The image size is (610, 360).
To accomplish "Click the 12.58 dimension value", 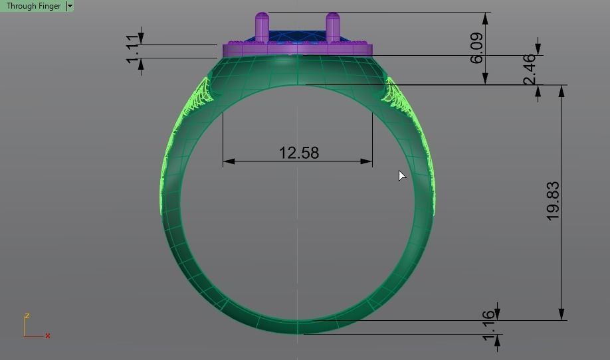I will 298,153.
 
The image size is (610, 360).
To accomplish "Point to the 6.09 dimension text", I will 476,48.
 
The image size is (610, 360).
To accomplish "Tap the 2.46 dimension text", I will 530,70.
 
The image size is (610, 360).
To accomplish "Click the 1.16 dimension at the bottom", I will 490,326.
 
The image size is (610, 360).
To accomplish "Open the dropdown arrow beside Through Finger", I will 70,6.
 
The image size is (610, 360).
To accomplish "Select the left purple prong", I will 262,27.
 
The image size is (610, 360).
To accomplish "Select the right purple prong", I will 332,27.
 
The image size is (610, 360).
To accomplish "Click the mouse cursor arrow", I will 401,175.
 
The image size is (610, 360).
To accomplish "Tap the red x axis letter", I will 48,336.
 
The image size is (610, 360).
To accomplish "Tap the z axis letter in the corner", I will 27,316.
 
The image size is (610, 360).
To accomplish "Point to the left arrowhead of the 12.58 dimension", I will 229,161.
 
